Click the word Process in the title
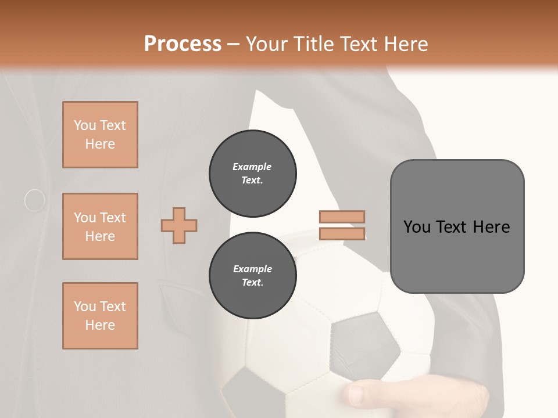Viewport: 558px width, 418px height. coord(183,44)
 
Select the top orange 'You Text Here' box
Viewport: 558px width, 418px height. coord(100,135)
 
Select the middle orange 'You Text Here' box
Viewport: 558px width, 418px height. coord(100,226)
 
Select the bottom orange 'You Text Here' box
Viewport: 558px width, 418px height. coord(100,316)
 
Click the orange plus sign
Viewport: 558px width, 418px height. coord(179,225)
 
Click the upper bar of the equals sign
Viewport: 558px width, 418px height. coord(342,217)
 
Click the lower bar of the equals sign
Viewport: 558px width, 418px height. coord(342,233)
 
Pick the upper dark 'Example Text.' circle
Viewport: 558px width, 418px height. coord(252,174)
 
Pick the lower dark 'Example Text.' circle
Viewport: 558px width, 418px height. coord(252,275)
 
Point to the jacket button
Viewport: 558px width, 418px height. coord(35,200)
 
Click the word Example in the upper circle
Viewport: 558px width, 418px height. coord(252,167)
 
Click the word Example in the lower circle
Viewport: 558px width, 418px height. coord(252,269)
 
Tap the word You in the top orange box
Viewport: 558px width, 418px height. coord(85,125)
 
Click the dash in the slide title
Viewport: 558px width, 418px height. coord(234,44)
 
